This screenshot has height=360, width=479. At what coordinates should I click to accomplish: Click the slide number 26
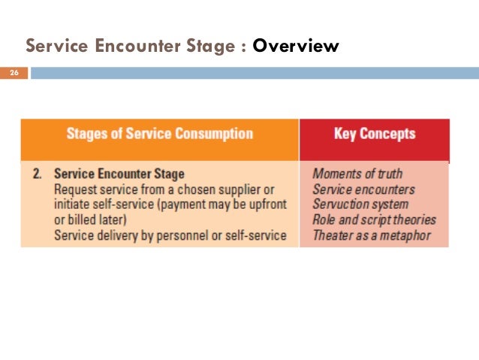(14, 73)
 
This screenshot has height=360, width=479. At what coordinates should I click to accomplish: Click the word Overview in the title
(296, 47)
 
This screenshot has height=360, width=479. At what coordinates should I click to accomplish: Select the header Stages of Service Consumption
(160, 135)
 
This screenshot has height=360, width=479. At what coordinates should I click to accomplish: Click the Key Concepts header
(374, 135)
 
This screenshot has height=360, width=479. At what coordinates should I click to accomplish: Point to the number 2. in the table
(38, 174)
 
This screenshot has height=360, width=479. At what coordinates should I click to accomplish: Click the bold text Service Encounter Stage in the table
(119, 174)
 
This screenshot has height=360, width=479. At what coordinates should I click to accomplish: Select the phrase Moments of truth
(357, 174)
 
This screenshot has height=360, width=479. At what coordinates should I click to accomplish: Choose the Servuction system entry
(360, 204)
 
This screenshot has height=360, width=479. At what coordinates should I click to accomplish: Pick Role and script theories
(374, 219)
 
